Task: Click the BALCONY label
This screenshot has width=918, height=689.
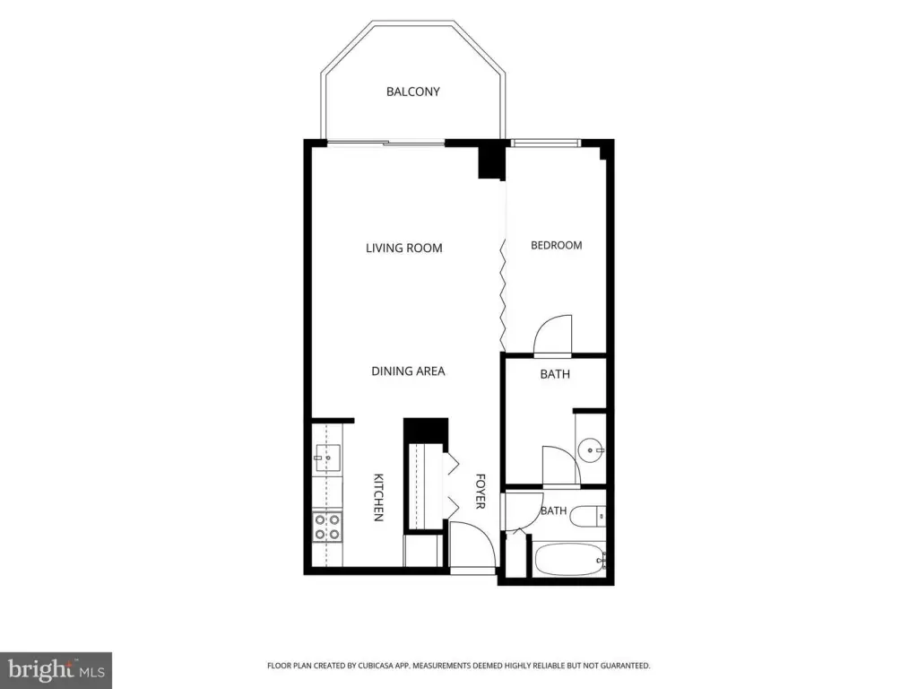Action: click(412, 92)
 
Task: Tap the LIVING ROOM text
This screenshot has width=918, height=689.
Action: click(404, 248)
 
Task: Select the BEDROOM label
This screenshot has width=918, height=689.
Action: click(556, 245)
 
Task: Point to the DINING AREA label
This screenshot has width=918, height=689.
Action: click(408, 371)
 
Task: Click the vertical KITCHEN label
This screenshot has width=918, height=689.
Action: click(379, 497)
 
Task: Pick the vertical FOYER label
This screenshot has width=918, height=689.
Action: click(481, 492)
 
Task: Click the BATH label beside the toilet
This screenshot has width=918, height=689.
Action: click(553, 510)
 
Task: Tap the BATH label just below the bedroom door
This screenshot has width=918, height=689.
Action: click(555, 374)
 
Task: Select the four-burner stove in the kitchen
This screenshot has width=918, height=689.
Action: click(327, 526)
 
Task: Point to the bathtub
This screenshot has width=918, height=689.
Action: click(569, 560)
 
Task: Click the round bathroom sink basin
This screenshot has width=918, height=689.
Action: click(590, 450)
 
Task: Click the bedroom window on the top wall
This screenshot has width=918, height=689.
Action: click(546, 143)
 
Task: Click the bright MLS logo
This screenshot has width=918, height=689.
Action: click(56, 670)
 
